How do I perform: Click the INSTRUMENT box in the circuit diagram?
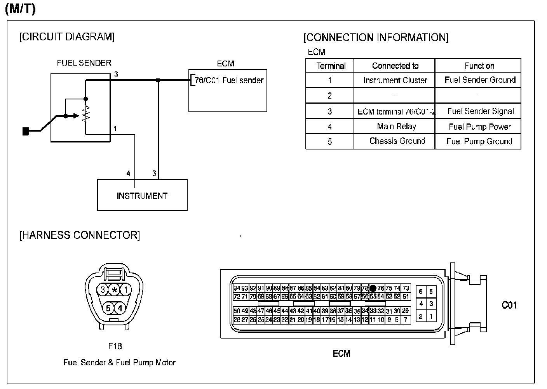142,195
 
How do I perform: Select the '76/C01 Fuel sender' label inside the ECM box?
229,80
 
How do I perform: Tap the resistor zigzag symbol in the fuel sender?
86,113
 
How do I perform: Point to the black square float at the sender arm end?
26,132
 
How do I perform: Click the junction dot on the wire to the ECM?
158,80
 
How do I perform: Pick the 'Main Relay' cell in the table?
396,127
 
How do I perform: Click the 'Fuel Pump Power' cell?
479,127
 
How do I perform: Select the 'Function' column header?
479,66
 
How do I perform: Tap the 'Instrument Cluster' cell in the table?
395,80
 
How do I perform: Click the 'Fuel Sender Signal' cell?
480,111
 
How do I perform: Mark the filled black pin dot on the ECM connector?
373,288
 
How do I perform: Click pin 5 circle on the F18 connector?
108,308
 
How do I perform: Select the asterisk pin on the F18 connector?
114,290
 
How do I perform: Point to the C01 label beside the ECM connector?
509,305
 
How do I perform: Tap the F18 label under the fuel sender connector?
115,346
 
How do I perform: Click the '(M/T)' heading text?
20,9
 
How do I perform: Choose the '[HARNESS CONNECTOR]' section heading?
80,235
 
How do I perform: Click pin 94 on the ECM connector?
237,288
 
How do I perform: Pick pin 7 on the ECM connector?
406,320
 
